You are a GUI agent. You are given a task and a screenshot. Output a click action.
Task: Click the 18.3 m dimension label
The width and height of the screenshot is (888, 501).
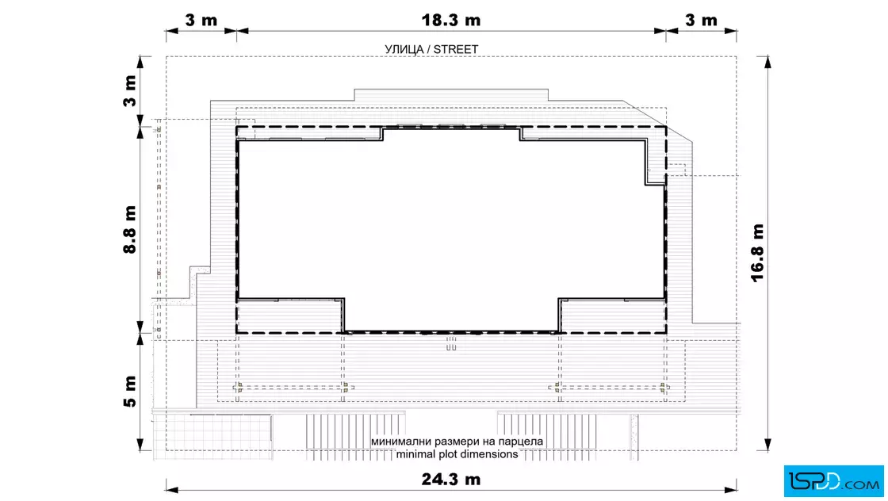click(x=451, y=21)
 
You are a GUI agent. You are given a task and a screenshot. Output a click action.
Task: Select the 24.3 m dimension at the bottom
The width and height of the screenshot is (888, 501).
click(x=451, y=480)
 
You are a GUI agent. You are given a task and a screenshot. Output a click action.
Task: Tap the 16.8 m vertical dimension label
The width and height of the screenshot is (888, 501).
click(x=757, y=252)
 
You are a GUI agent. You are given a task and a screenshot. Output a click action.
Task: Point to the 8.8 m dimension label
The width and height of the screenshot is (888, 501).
click(x=130, y=229)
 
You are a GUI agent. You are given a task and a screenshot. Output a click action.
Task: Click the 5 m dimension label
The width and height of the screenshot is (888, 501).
click(x=130, y=391)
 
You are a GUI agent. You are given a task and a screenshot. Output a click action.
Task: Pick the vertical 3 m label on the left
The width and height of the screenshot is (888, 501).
click(x=130, y=90)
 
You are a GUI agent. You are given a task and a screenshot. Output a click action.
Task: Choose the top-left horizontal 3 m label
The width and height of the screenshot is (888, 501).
click(x=201, y=21)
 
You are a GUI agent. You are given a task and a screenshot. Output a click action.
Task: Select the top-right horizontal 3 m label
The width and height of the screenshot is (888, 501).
click(x=701, y=21)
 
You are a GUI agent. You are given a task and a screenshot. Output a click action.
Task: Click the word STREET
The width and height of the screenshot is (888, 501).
click(x=456, y=50)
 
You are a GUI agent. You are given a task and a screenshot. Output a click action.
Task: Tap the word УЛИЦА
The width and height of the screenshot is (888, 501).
click(x=404, y=50)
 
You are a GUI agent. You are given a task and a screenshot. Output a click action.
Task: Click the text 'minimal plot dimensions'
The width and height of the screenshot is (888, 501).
click(x=457, y=454)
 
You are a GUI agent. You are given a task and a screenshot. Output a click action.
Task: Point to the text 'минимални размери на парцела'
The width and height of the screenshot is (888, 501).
click(x=457, y=441)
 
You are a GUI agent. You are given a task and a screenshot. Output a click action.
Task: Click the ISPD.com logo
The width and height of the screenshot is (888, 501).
click(x=833, y=480)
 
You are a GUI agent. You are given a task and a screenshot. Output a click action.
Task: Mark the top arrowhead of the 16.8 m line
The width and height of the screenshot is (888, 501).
click(x=767, y=62)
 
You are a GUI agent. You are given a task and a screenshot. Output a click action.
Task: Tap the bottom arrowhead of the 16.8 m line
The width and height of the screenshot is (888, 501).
click(x=767, y=445)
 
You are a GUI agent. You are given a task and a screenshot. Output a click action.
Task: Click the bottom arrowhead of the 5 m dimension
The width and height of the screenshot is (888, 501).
click(x=141, y=445)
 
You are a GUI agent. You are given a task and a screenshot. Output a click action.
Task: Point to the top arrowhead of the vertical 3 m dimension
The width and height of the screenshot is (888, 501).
click(x=141, y=62)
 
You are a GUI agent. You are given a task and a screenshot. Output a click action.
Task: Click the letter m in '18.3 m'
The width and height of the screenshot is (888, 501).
click(x=473, y=21)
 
